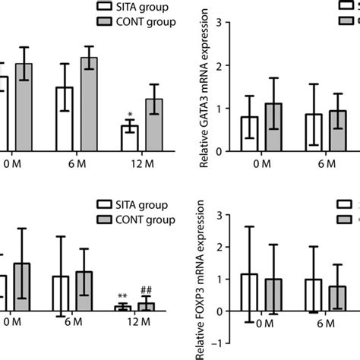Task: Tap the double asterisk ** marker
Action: pos(122,297)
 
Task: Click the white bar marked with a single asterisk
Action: pos(130,138)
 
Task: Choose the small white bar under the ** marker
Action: pos(122,308)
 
